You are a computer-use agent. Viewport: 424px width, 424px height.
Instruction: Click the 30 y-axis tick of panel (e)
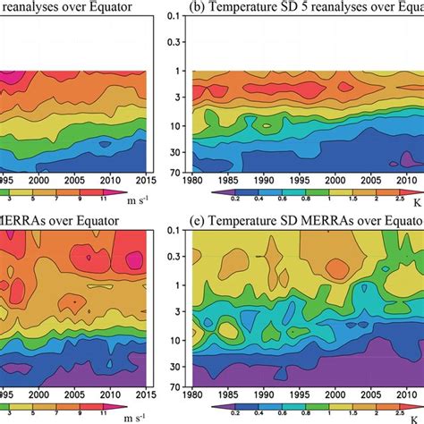(182, 363)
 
